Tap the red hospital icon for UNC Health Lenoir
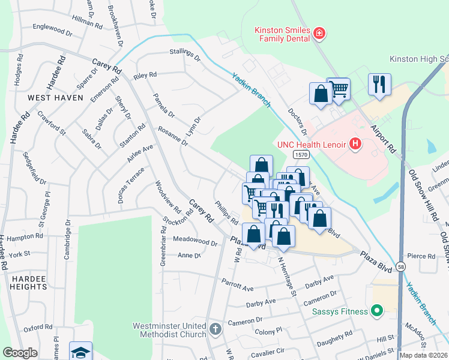point(355,144)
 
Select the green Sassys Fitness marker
point(376,311)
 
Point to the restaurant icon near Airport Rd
point(379,84)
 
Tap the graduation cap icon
point(80,352)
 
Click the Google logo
point(20,353)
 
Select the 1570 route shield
point(301,154)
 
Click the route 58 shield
point(400,265)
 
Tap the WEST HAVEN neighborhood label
point(50,97)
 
